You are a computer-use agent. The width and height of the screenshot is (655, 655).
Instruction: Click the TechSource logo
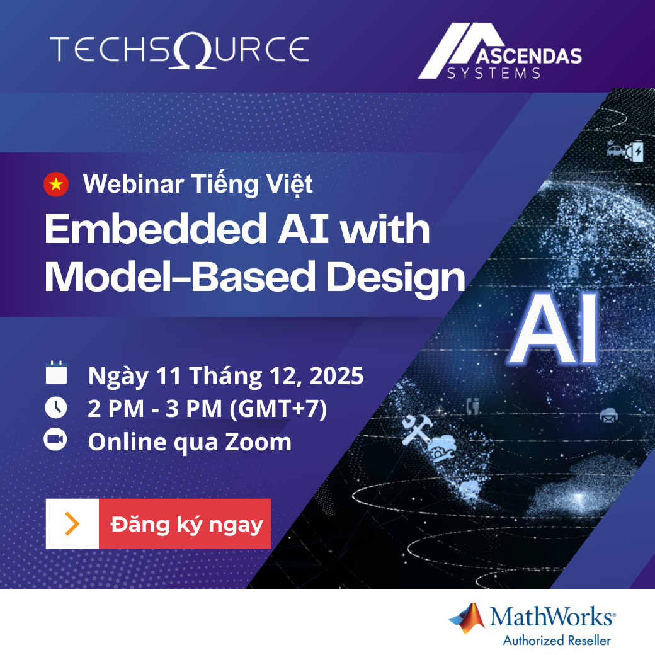click(179, 51)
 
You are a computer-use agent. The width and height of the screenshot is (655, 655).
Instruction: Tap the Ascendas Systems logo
click(500, 51)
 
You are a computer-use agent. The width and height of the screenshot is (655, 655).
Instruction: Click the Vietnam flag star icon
click(56, 184)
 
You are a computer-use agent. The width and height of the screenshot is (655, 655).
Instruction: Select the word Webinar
click(134, 184)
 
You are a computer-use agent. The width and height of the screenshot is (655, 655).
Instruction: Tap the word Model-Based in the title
click(180, 276)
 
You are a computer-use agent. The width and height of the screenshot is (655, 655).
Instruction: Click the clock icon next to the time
click(56, 407)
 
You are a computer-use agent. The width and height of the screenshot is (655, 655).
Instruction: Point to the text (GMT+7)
click(278, 409)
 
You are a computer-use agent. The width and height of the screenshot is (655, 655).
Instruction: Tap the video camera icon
click(55, 440)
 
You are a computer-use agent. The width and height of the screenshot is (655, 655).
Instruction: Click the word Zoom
click(258, 442)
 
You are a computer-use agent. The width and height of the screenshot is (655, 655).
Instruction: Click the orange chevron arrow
click(72, 524)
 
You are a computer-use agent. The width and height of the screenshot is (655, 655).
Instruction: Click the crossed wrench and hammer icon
click(416, 430)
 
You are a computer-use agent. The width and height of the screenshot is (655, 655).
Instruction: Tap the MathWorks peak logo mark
click(467, 618)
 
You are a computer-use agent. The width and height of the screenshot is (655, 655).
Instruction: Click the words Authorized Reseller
click(557, 641)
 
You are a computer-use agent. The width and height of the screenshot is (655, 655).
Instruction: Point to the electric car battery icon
click(625, 151)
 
